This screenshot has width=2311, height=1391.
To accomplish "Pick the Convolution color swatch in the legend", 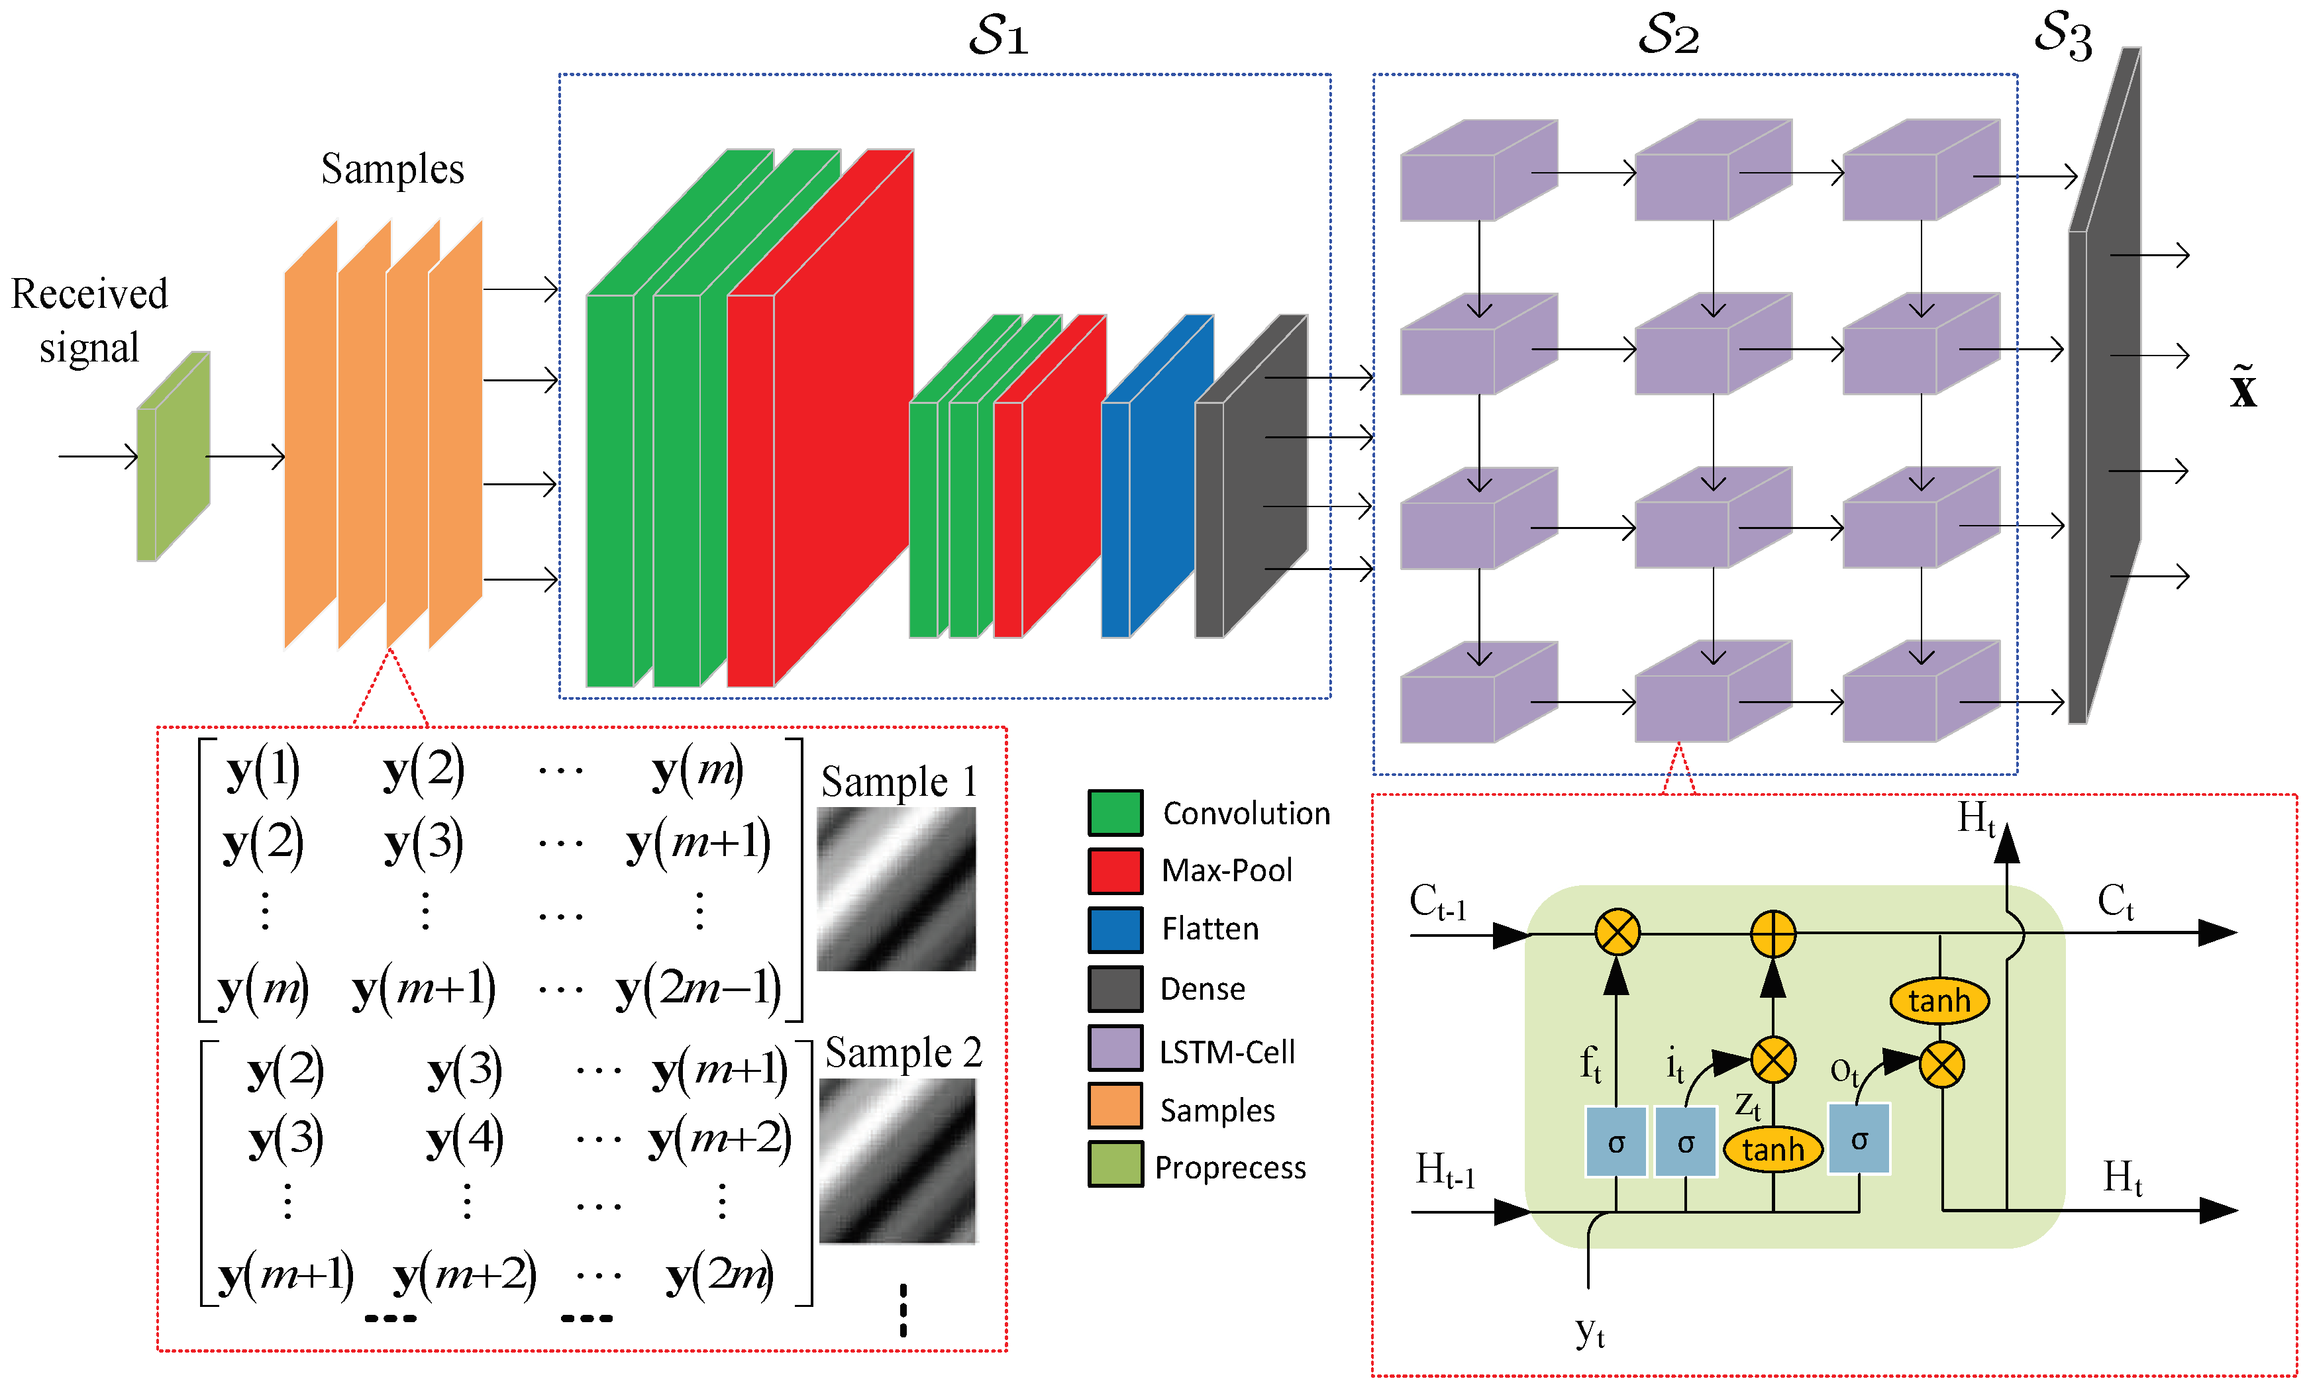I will [1114, 812].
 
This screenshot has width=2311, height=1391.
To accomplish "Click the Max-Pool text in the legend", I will [1225, 870].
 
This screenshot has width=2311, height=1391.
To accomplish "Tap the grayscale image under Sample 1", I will [896, 888].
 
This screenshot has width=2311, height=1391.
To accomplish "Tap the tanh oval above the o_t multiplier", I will [1938, 1000].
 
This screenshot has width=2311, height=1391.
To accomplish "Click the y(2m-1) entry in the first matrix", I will [697, 988].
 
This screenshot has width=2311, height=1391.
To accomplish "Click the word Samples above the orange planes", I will [392, 169].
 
